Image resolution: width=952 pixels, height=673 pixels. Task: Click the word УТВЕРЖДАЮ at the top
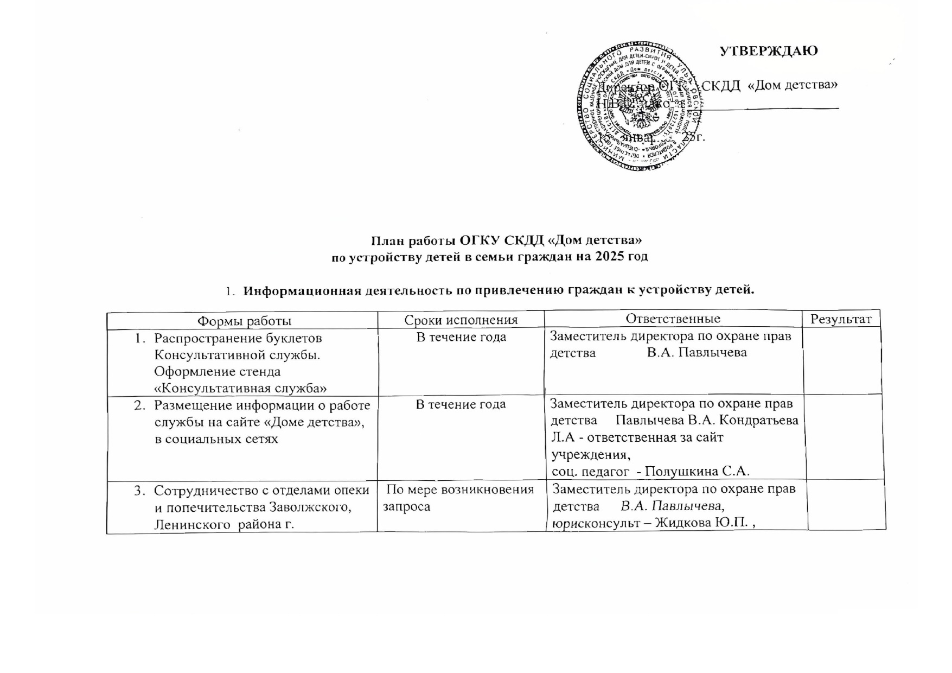pyautogui.click(x=768, y=51)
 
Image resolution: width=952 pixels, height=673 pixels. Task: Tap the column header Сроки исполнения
pyautogui.click(x=461, y=320)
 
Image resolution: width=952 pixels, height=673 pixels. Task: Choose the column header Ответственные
pyautogui.click(x=673, y=319)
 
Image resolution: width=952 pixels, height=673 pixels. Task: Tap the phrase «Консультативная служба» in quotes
pyautogui.click(x=240, y=388)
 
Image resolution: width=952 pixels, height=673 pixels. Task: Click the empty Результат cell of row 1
pyautogui.click(x=842, y=361)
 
